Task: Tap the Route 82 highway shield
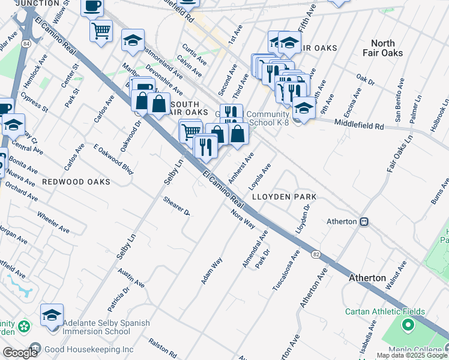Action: click(315, 254)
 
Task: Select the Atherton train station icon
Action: click(364, 221)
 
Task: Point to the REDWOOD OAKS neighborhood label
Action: click(76, 181)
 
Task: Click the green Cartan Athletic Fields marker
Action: click(408, 326)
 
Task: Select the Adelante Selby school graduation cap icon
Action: click(52, 314)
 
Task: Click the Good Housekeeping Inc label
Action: click(88, 349)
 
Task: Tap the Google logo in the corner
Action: click(20, 353)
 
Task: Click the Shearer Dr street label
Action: click(176, 206)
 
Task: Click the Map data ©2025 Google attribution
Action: click(412, 355)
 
